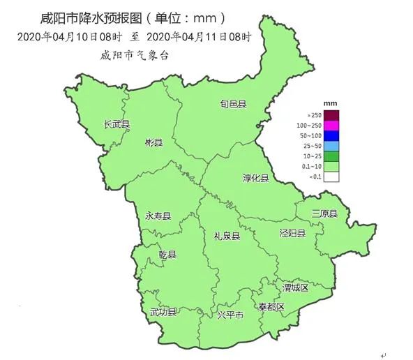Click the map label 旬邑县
(234, 105)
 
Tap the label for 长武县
(117, 124)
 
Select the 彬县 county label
(153, 143)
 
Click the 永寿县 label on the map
(158, 216)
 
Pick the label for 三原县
(324, 213)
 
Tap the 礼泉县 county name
(227, 237)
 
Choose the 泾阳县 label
(292, 233)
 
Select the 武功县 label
(163, 312)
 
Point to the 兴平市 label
(230, 316)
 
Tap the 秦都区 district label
(271, 307)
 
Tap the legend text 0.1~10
(313, 167)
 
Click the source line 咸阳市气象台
(135, 54)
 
